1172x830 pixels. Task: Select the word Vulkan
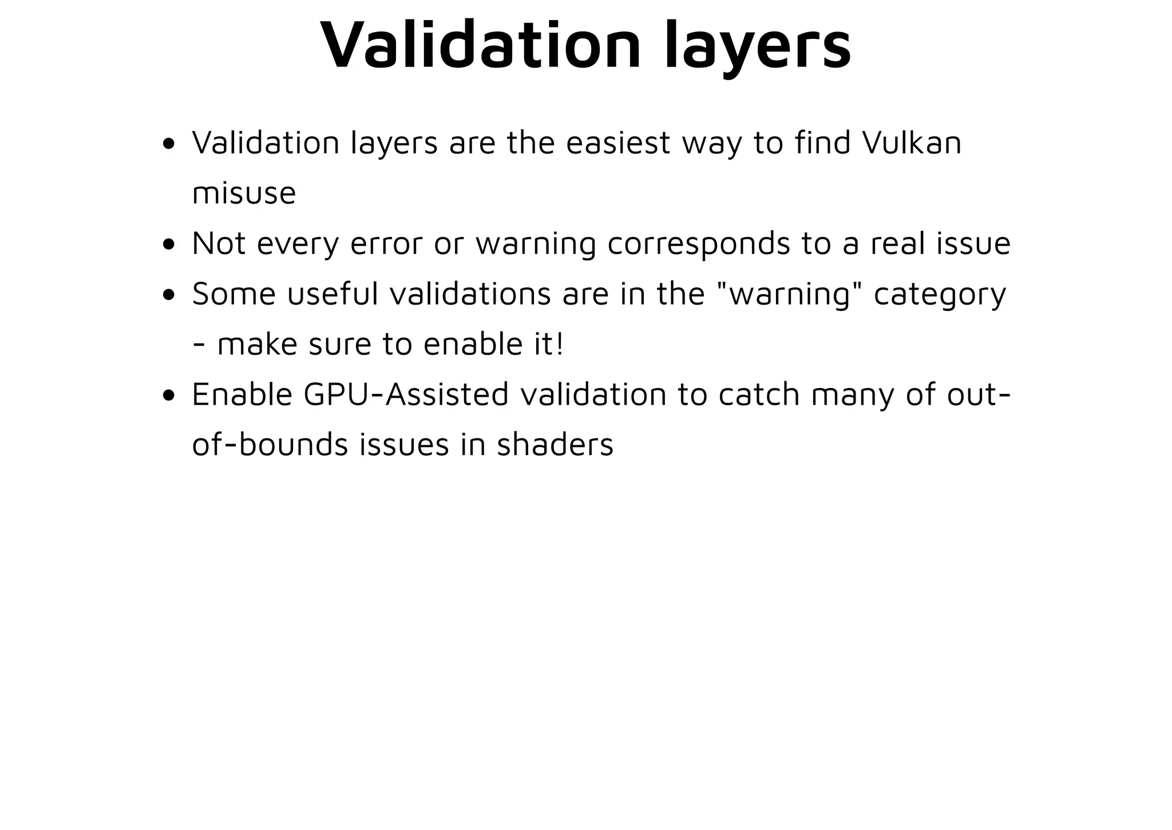[912, 143]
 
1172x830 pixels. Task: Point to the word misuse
[244, 193]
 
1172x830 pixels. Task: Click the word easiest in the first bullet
[618, 143]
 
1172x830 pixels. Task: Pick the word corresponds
[699, 244]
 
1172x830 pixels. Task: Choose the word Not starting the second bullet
[219, 243]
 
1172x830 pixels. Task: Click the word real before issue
[898, 243]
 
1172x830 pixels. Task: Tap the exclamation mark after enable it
[559, 344]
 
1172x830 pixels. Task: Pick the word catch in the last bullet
[759, 395]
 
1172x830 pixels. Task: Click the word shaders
[555, 445]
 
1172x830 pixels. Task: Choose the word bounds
[293, 445]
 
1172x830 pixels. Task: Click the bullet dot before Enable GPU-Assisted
[168, 396]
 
